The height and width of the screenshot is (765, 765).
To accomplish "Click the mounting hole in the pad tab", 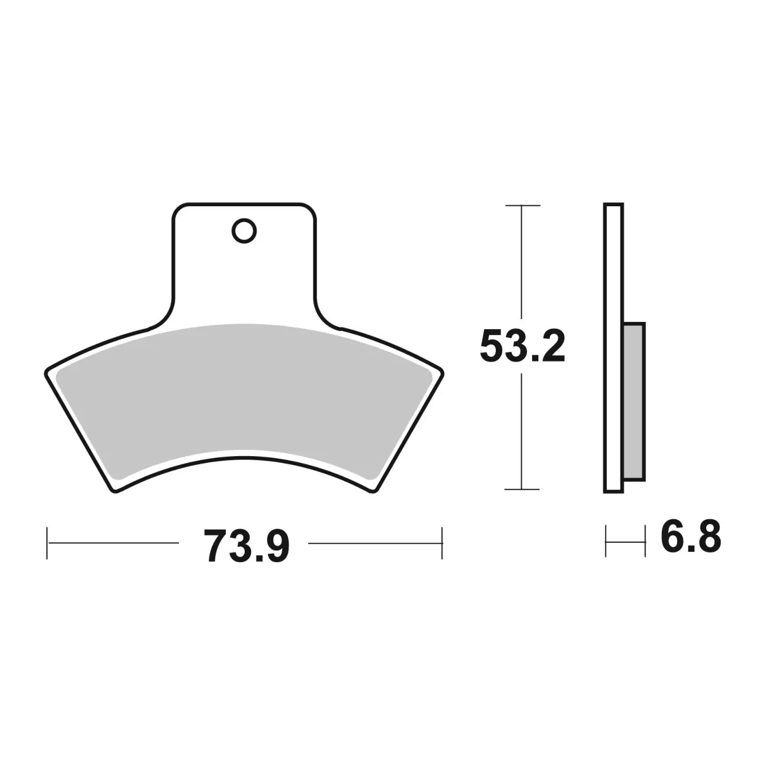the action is (x=244, y=231).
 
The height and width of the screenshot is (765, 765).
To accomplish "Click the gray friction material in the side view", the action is (x=635, y=401).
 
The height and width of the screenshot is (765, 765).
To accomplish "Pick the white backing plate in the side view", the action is (x=614, y=348).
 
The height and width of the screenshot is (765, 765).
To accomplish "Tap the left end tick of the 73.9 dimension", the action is (x=47, y=543).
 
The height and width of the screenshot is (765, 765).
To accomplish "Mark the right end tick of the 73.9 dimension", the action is (x=442, y=543).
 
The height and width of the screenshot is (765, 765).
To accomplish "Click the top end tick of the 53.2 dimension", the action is (x=522, y=205).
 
